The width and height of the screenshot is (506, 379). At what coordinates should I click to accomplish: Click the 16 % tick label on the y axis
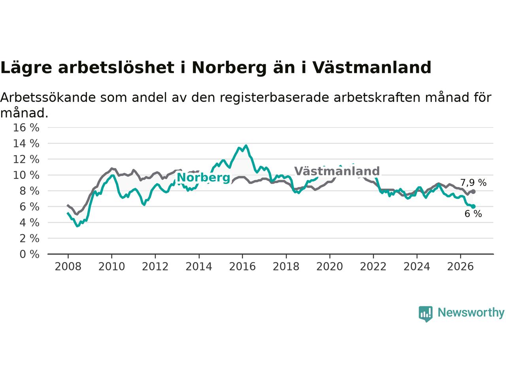(26, 128)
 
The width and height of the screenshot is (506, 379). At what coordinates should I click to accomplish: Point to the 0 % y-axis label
(29, 254)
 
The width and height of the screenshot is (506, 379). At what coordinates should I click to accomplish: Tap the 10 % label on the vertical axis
(26, 175)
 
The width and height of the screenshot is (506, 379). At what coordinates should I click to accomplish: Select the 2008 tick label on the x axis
(68, 267)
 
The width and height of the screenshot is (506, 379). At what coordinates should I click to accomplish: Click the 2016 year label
(242, 267)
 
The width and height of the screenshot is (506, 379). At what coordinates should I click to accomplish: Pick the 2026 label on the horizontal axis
(461, 267)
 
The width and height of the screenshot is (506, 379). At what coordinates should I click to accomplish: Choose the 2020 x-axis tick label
(330, 267)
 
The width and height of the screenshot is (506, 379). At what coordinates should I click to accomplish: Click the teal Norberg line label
(203, 178)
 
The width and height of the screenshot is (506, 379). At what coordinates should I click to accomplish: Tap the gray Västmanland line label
(337, 171)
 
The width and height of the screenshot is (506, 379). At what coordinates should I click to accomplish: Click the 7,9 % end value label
(473, 183)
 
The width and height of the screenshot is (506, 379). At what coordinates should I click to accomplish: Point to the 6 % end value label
(473, 214)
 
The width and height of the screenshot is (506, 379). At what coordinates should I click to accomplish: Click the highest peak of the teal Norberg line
(246, 145)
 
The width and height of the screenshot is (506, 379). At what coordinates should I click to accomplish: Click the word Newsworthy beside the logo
(471, 313)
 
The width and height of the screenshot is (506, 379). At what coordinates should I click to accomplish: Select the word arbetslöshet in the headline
(116, 68)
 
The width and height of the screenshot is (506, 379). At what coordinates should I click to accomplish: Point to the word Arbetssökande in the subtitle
(48, 98)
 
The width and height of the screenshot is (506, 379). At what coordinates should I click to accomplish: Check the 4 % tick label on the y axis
(29, 223)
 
